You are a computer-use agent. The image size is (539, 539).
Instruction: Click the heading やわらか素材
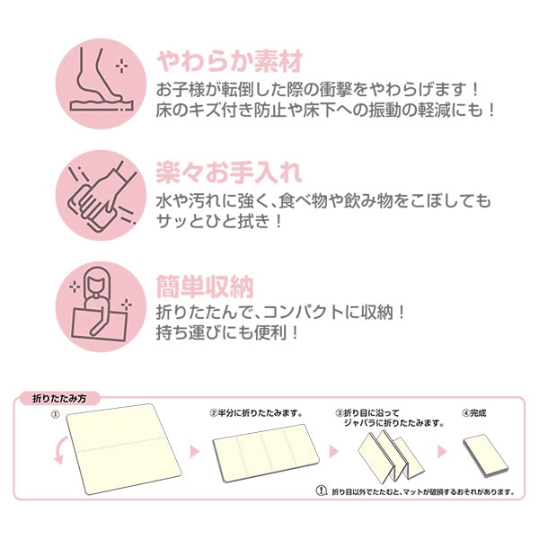(229, 63)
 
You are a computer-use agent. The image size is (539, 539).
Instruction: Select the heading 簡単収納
(204, 287)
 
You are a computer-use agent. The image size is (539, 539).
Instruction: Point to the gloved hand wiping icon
(100, 195)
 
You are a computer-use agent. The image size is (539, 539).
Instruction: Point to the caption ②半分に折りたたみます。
(256, 413)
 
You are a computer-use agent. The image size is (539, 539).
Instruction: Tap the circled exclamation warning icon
(322, 491)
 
